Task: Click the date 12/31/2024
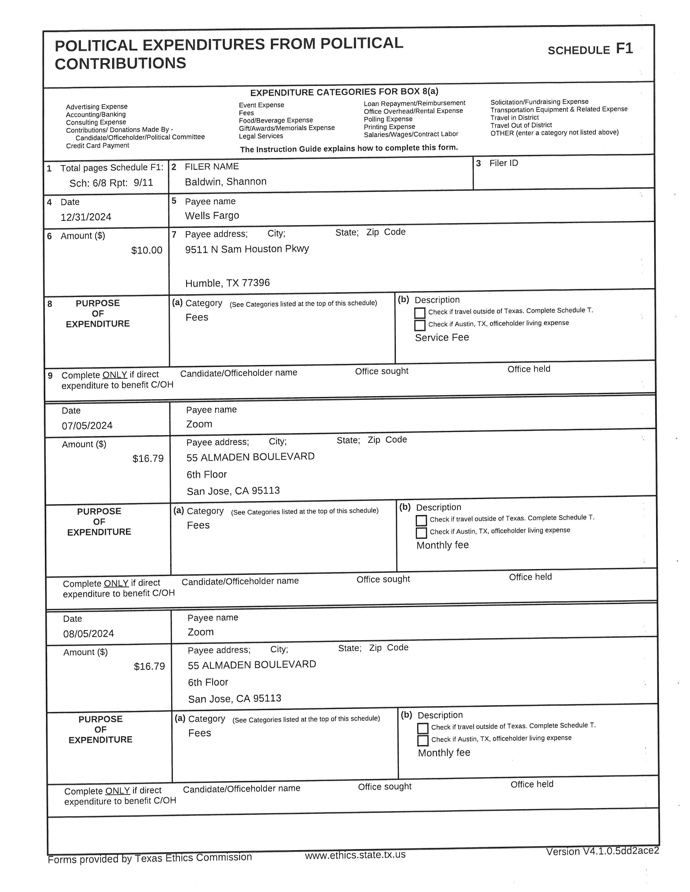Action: click(86, 217)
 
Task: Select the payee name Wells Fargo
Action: click(212, 216)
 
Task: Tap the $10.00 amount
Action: click(146, 250)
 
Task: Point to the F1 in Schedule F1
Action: click(624, 49)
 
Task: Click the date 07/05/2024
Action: click(87, 425)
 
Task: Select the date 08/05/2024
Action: click(88, 634)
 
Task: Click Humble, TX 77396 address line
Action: click(227, 283)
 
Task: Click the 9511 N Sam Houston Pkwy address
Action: click(247, 249)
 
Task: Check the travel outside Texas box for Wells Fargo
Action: click(420, 313)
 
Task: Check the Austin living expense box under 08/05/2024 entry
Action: click(423, 740)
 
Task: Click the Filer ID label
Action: click(503, 163)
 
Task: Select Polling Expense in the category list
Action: click(388, 119)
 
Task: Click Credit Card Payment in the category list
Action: click(97, 146)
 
